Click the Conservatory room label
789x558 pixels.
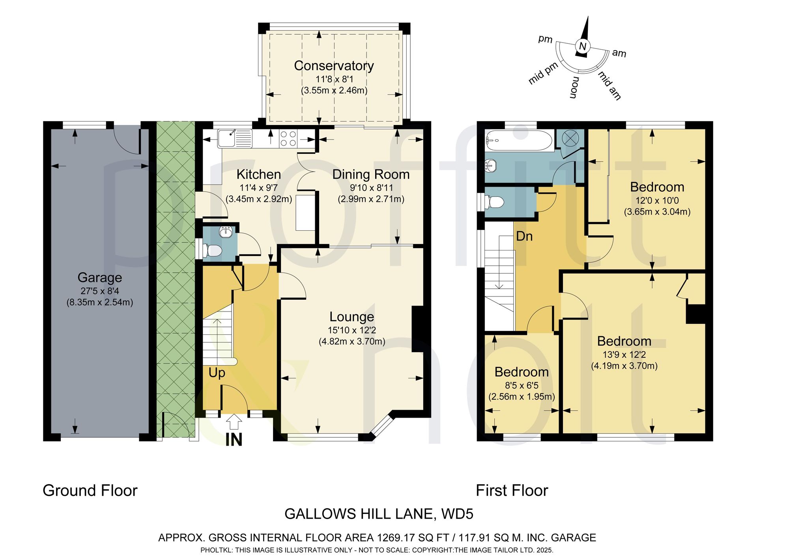click(x=334, y=66)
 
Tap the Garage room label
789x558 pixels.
click(x=100, y=278)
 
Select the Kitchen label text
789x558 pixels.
click(x=259, y=174)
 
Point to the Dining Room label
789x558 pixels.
click(x=371, y=174)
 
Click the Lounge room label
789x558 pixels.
click(x=352, y=317)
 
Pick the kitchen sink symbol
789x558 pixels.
click(x=235, y=138)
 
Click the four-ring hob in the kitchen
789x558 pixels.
click(x=288, y=138)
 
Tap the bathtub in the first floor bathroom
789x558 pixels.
click(x=519, y=140)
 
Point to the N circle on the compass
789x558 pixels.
click(x=582, y=46)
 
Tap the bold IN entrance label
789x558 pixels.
click(x=234, y=440)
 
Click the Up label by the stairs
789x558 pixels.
click(x=217, y=373)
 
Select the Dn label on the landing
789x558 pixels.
click(x=524, y=236)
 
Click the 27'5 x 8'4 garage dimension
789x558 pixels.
click(x=100, y=291)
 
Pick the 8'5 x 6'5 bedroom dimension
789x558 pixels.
click(x=522, y=385)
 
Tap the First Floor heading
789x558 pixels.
click(x=512, y=491)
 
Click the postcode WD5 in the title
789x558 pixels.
click(x=458, y=514)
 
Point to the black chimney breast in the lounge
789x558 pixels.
click(x=417, y=329)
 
